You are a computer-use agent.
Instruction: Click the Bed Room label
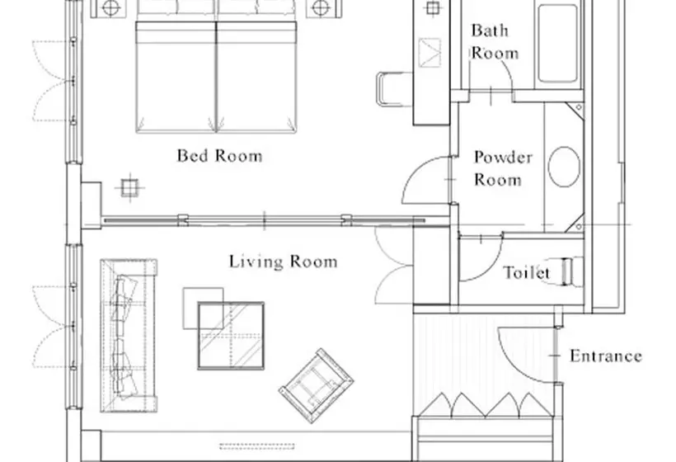pos(219,156)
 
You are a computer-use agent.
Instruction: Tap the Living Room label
pos(283,262)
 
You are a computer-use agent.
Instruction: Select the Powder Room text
pos(503,168)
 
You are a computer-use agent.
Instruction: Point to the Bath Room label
pos(494,41)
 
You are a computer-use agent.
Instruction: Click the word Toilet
pos(527,272)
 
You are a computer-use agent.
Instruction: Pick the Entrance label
pos(606,356)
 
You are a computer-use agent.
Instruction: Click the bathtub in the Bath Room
pos(557,43)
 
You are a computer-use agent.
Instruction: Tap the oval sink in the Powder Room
pos(564,167)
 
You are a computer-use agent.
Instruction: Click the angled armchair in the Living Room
pos(317,385)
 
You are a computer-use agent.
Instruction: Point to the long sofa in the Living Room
pos(129,336)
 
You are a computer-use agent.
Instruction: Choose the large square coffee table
pos(231,336)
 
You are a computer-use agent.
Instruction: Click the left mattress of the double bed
pos(176,77)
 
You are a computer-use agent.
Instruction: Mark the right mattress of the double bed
pos(256,77)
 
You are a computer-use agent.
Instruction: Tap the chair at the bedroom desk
pos(393,89)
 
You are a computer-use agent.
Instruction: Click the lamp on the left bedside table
pos(110,7)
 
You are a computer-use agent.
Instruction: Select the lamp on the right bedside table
pos(321,7)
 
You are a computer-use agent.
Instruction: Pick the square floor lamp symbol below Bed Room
pos(129,187)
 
